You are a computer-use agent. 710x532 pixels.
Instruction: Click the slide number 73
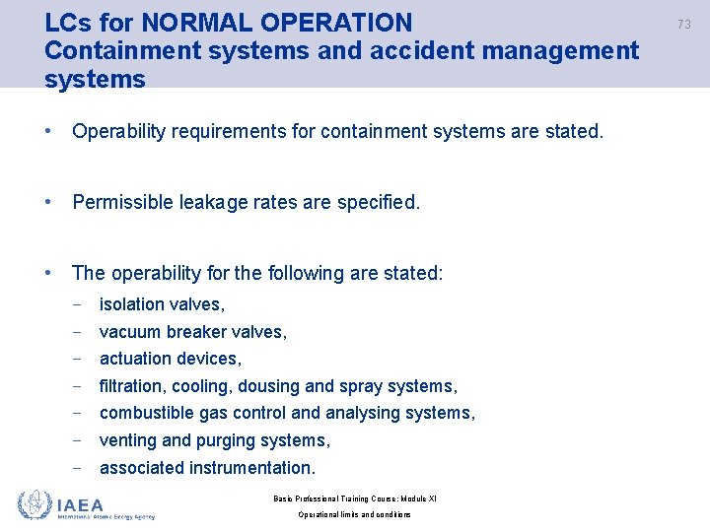click(683, 24)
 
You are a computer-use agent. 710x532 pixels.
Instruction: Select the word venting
click(128, 440)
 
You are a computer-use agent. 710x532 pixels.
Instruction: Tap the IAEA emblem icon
click(35, 505)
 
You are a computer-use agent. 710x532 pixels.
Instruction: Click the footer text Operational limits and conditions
click(354, 515)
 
